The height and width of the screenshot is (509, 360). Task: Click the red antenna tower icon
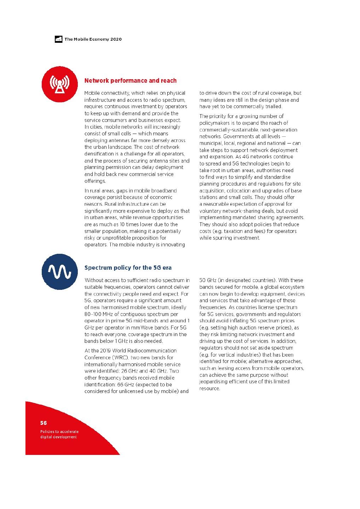pyautogui.click(x=60, y=84)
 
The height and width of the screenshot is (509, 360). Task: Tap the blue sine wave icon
pyautogui.click(x=59, y=271)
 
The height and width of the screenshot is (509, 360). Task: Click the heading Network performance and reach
pyautogui.click(x=130, y=81)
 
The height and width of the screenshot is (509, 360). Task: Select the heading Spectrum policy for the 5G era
pyautogui.click(x=128, y=268)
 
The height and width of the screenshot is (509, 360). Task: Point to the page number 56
pyautogui.click(x=43, y=423)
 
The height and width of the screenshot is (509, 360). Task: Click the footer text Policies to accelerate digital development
pyautogui.click(x=59, y=434)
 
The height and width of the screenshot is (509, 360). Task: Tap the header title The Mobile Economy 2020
pyautogui.click(x=93, y=39)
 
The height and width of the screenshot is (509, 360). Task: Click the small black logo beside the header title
pyautogui.click(x=59, y=39)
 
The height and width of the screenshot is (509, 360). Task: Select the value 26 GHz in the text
pyautogui.click(x=129, y=371)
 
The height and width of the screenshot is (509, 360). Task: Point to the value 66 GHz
pyautogui.click(x=126, y=385)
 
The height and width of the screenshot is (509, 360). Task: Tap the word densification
pyautogui.click(x=99, y=154)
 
